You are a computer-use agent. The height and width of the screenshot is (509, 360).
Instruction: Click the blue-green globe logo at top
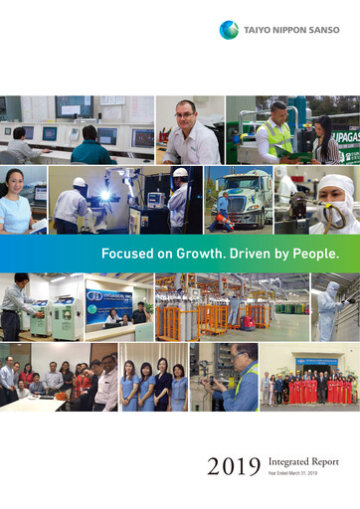[229, 30]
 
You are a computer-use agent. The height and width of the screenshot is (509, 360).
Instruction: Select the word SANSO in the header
[322, 30]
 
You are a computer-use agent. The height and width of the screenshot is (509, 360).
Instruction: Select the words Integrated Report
[302, 460]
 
